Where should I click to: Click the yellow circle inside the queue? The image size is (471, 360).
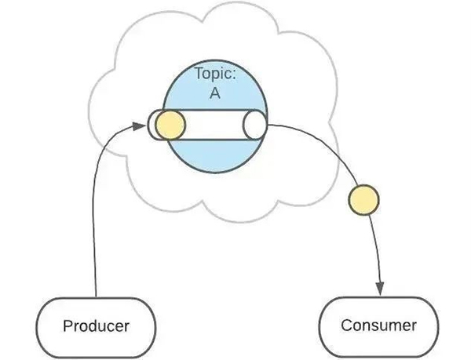170,125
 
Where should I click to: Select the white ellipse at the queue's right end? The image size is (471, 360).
255,125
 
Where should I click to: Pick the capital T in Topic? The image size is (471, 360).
199,77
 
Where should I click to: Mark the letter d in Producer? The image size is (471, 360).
93,325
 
